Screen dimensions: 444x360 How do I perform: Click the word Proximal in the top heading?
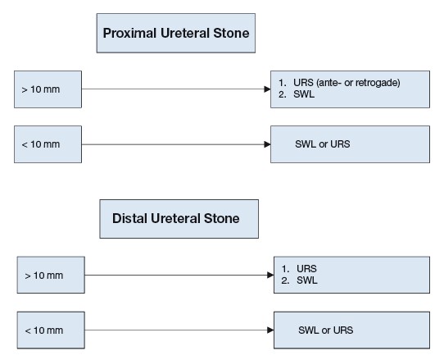129,33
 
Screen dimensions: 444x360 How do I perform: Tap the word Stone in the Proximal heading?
231,33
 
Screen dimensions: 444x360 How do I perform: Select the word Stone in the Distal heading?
222,219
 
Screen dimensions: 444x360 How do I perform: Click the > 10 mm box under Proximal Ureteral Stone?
48,89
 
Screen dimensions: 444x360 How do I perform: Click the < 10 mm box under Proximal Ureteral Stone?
48,144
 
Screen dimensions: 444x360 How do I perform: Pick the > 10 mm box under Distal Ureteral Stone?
51,275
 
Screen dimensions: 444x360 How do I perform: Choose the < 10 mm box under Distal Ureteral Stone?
51,330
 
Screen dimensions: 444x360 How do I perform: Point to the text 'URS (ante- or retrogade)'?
347,83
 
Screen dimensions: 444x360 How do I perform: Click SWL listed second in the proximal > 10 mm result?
304,94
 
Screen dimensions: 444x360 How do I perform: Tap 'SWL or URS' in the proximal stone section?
323,144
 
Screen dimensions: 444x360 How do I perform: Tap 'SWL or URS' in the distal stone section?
326,330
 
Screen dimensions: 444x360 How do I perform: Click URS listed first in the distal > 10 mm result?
306,268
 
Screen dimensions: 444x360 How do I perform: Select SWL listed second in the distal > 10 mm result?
307,280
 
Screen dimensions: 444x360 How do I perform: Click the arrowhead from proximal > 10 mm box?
267,89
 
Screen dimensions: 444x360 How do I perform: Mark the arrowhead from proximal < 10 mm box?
267,144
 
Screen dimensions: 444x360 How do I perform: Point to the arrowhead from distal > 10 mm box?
270,275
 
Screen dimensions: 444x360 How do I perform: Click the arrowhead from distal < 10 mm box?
270,330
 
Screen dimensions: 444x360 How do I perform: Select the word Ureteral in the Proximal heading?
184,33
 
